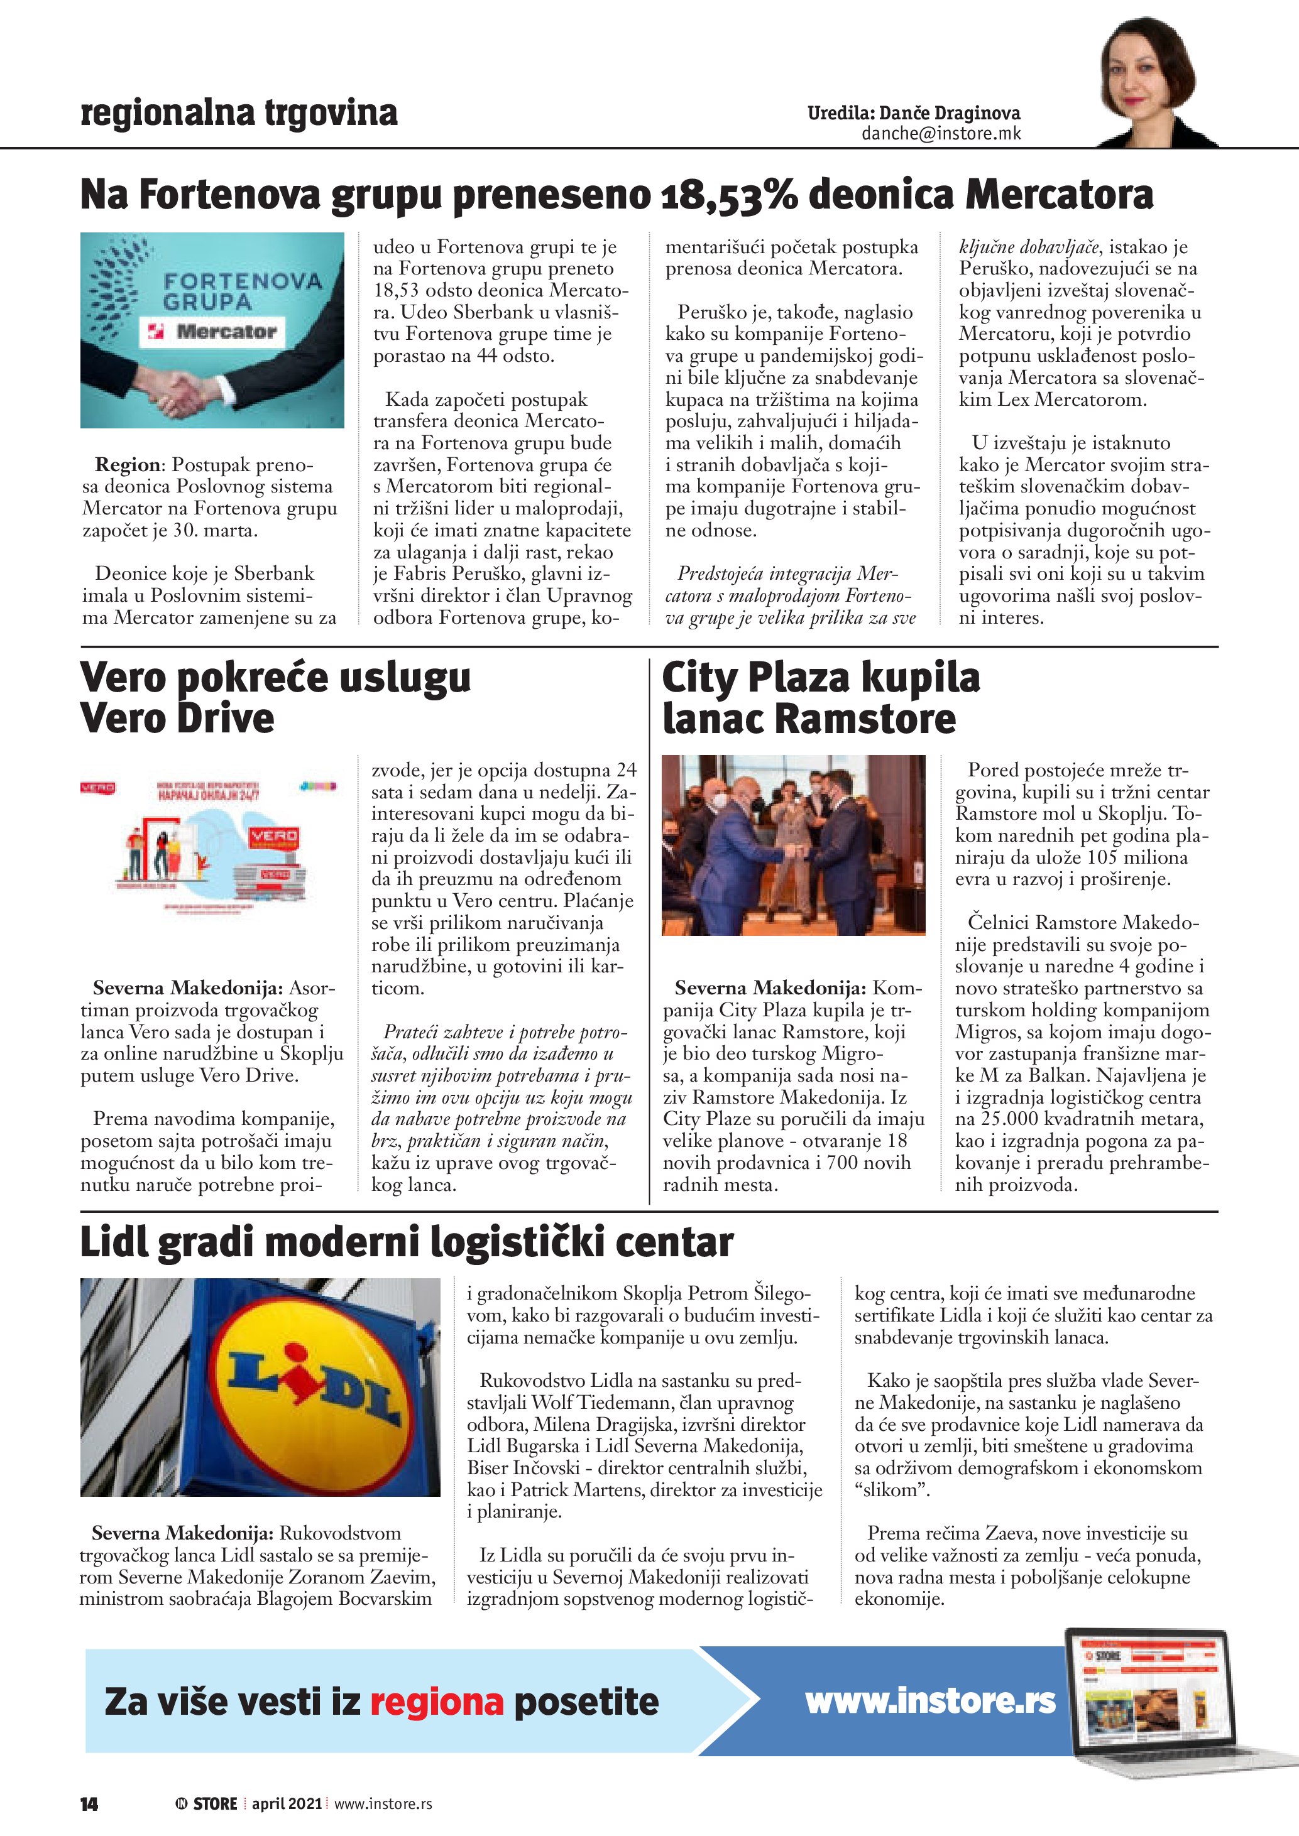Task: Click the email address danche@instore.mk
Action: (941, 134)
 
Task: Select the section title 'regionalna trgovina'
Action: (238, 113)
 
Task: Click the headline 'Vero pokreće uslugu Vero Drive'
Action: (275, 697)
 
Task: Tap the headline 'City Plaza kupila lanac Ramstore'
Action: (820, 697)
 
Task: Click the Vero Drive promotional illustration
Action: (211, 847)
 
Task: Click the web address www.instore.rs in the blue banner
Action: (929, 1701)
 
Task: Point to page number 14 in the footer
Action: (89, 1803)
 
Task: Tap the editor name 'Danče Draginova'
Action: (950, 114)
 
